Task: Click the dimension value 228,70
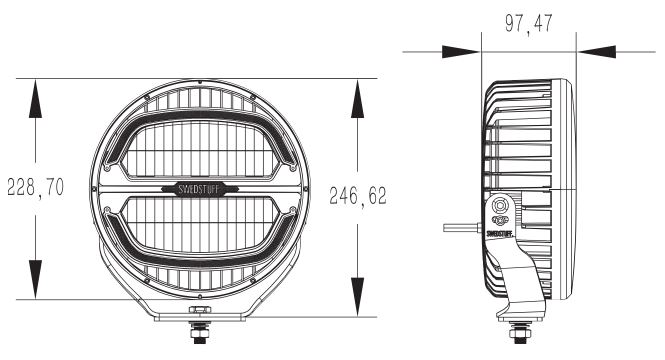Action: pyautogui.click(x=36, y=187)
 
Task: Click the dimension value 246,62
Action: pyautogui.click(x=358, y=196)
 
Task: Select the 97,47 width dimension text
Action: pyautogui.click(x=529, y=23)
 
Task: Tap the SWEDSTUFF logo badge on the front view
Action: pyautogui.click(x=199, y=189)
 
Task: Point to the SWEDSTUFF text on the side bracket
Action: pyautogui.click(x=500, y=233)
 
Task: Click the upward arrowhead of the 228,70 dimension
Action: pyautogui.click(x=35, y=98)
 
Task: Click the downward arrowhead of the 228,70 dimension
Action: pyautogui.click(x=35, y=279)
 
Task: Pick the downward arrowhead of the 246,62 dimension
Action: pyautogui.click(x=358, y=297)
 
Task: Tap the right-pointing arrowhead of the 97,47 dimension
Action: pyautogui.click(x=461, y=52)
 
